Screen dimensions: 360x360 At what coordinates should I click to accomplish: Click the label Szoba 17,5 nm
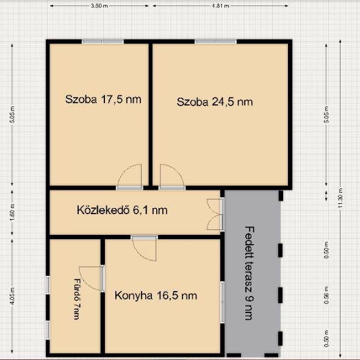point(103,99)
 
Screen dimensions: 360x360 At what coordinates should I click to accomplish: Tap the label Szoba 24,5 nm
point(215,102)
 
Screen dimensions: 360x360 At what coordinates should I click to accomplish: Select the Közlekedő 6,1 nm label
point(122,210)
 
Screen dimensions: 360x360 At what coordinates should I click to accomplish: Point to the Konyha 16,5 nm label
point(156,295)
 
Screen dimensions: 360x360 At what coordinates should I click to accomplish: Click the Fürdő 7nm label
point(77,299)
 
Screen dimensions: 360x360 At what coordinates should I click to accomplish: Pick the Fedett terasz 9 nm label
point(250,273)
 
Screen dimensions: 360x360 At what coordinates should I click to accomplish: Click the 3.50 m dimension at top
point(99,6)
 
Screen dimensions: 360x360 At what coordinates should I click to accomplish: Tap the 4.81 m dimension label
point(220,6)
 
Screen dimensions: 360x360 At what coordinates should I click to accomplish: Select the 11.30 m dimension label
point(340,198)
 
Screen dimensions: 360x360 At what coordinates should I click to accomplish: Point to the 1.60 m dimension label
point(12,212)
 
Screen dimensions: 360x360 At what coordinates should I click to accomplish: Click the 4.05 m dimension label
point(12,296)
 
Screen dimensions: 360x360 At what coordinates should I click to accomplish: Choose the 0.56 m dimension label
point(326,295)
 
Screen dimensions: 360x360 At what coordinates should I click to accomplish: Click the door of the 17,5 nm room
point(129,177)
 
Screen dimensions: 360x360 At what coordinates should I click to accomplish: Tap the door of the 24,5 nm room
point(172,177)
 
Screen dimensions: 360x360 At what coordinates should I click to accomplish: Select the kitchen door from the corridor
point(145,248)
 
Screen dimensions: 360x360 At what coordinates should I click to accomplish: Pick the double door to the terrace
point(215,214)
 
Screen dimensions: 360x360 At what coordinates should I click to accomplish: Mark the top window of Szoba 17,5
point(103,41)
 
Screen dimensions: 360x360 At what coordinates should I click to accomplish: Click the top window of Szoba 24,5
point(215,41)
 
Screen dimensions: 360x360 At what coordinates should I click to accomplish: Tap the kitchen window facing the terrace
point(222,302)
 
